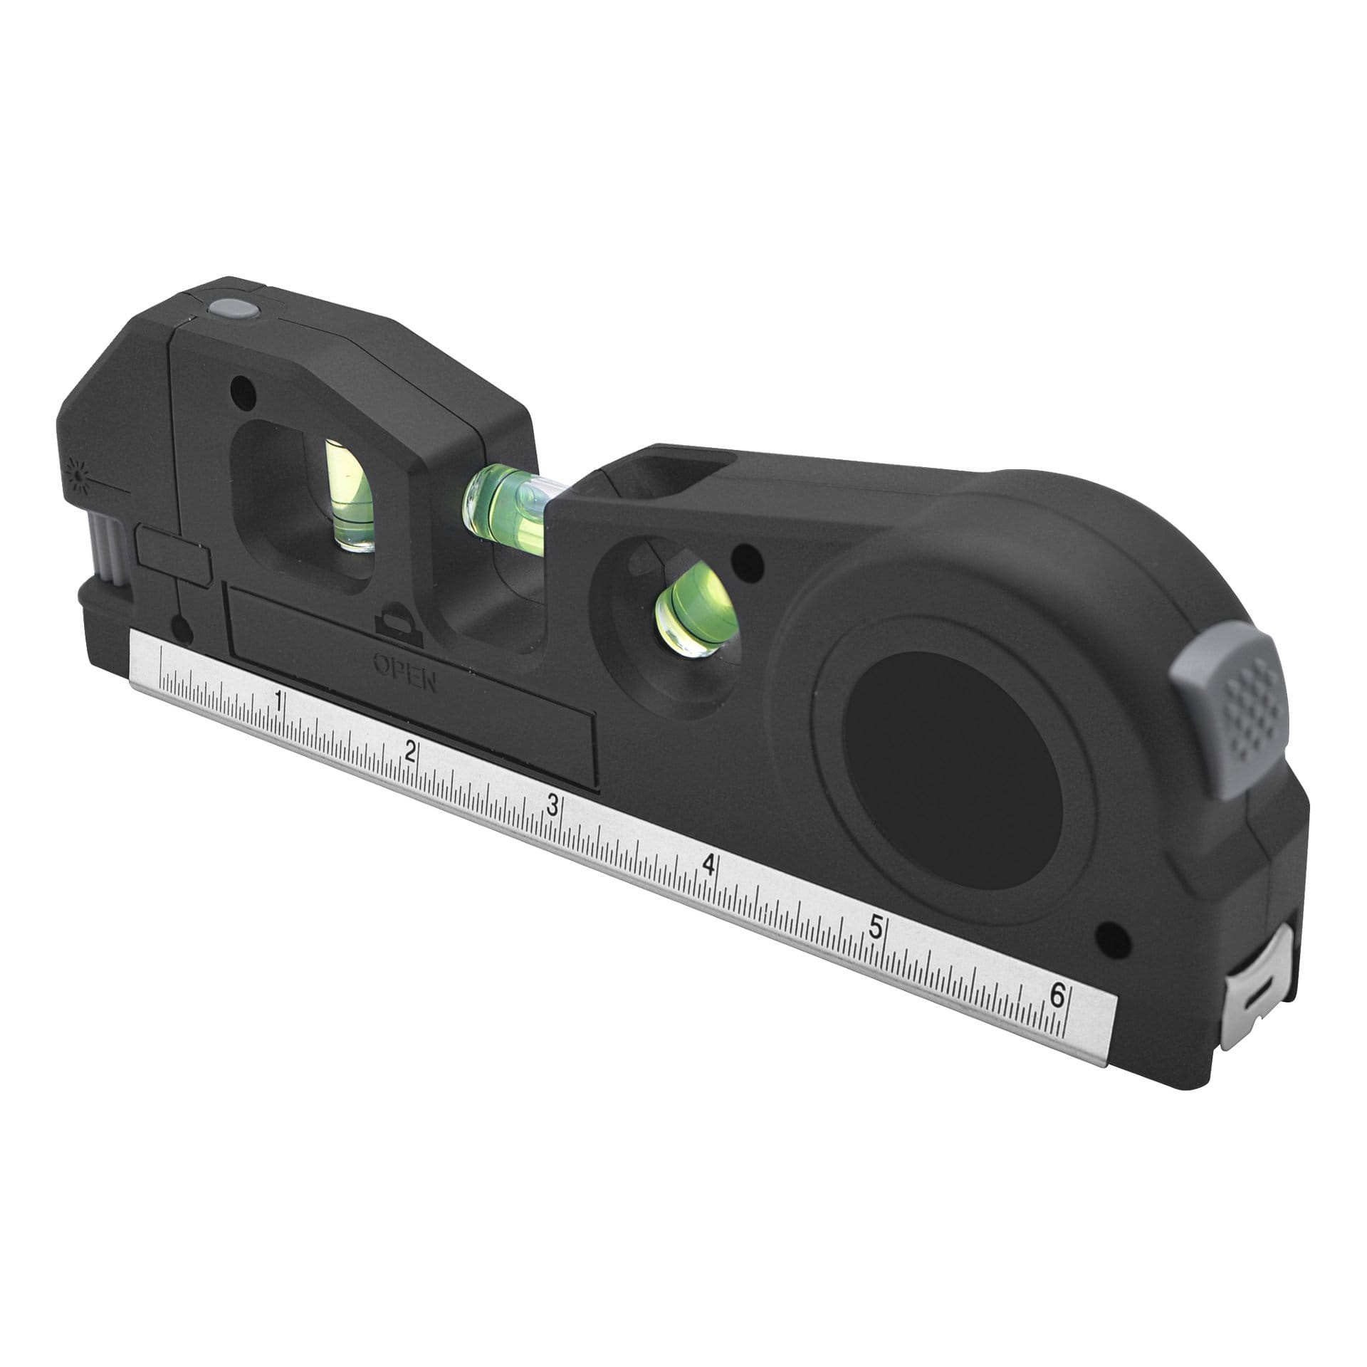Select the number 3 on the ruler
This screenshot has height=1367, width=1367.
tap(552, 805)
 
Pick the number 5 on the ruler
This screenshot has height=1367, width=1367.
tap(876, 928)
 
